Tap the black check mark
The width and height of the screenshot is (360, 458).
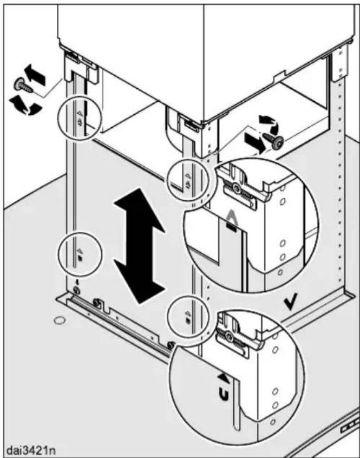pyautogui.click(x=292, y=302)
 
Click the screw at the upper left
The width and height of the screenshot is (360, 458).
pyautogui.click(x=23, y=86)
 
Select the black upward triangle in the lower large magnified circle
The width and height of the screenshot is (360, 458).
pyautogui.click(x=223, y=377)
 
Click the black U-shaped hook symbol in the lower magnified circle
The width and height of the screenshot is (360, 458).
pyautogui.click(x=224, y=395)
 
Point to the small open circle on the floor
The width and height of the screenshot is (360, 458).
pyautogui.click(x=60, y=320)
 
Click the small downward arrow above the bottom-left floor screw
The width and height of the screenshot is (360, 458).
pyautogui.click(x=77, y=283)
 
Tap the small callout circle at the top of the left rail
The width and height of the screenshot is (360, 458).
pyautogui.click(x=79, y=117)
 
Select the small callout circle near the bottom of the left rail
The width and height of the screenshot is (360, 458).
pyautogui.click(x=80, y=254)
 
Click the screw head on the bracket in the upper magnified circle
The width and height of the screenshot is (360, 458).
pyautogui.click(x=235, y=187)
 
